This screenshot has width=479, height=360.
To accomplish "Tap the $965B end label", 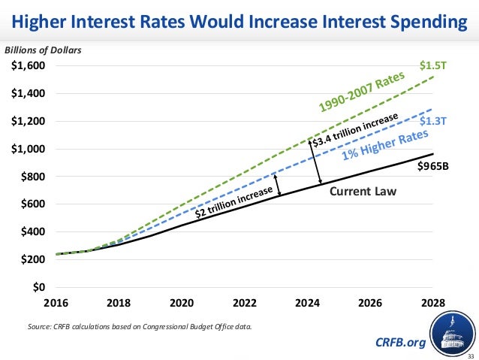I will click(432, 166).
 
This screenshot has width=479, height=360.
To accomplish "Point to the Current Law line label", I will click(363, 192).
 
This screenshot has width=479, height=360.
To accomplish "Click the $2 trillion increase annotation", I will click(233, 201).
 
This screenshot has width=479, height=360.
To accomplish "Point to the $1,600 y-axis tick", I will click(28, 66).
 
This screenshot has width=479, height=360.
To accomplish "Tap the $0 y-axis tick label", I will click(38, 287).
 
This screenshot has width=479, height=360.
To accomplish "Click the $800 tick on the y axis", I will click(32, 177).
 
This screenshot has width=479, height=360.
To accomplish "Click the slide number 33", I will click(471, 355).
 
